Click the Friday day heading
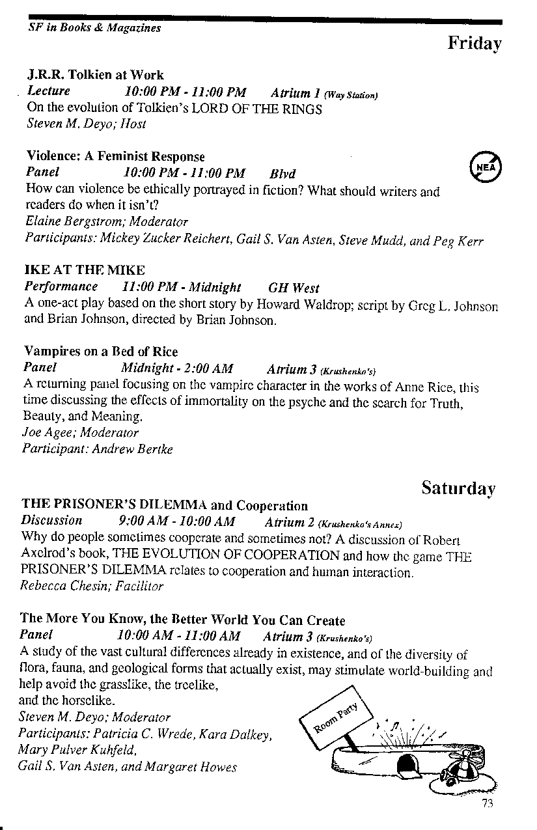click(475, 44)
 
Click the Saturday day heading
click(458, 488)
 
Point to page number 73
click(488, 803)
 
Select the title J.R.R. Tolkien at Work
click(95, 75)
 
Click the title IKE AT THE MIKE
click(85, 270)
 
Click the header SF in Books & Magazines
click(94, 28)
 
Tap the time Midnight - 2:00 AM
click(177, 369)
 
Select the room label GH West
click(294, 287)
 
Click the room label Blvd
click(282, 174)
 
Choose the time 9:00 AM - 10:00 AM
click(177, 521)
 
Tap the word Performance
click(61, 287)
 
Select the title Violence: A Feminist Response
click(115, 157)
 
